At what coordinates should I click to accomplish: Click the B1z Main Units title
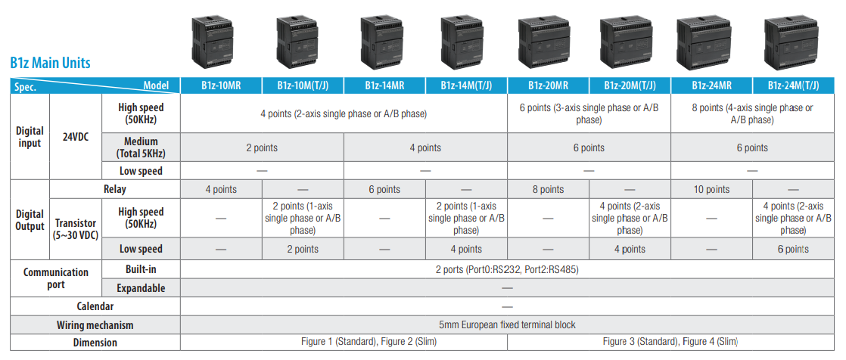pos(50,63)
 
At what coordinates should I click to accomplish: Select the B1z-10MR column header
pos(221,85)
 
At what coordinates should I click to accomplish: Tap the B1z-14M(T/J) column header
pos(466,85)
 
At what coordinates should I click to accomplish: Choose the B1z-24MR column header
pos(711,85)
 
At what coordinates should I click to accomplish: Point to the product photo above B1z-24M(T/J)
pos(792,43)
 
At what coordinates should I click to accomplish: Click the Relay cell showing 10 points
pos(711,189)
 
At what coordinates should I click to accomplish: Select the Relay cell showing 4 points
pos(221,189)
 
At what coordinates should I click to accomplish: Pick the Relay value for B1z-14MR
pos(384,189)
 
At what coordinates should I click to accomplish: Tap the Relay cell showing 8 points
pos(548,189)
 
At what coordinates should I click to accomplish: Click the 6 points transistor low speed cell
pos(792,249)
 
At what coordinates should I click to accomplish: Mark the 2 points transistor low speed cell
pos(303,249)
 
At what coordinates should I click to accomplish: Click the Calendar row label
pos(95,306)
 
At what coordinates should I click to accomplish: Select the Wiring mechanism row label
pos(95,325)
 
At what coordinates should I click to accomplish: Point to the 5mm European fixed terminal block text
pos(507,324)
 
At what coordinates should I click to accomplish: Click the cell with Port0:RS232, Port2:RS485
pos(507,269)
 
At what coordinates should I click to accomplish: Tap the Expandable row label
pos(141,288)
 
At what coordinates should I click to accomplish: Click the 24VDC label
pos(76,137)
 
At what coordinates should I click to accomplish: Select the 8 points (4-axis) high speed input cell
pos(752,113)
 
